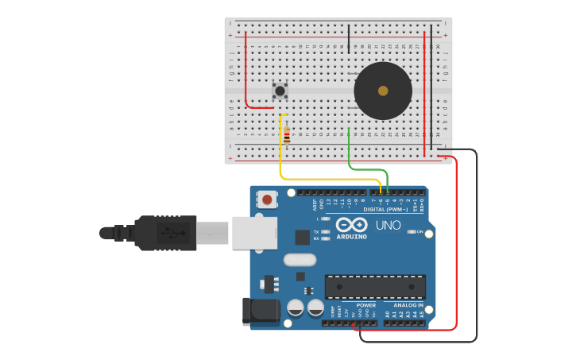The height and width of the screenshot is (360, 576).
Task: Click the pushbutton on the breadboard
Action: (280, 91)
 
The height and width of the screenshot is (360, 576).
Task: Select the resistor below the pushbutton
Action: (287, 136)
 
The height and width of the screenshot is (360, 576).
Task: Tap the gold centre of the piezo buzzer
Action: (383, 91)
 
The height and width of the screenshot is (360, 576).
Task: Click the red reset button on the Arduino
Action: (268, 199)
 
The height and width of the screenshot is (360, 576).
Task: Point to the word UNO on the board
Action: (388, 226)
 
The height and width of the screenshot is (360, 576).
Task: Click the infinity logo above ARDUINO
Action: (355, 224)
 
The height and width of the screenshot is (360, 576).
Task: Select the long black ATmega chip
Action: (375, 287)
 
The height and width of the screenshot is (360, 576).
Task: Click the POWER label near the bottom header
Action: (366, 305)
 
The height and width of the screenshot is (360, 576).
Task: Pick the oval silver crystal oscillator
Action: (300, 259)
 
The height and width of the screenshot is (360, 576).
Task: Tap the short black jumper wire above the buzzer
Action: (348, 38)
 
